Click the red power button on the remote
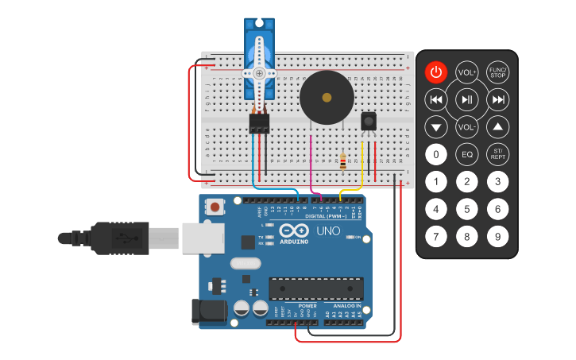click(x=435, y=73)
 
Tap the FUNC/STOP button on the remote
click(x=497, y=73)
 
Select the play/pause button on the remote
click(x=466, y=99)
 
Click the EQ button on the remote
click(x=466, y=154)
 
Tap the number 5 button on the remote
click(x=466, y=209)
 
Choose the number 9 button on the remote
click(x=497, y=236)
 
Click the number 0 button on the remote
click(x=435, y=154)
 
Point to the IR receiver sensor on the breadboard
click(x=369, y=121)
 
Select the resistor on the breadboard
click(x=342, y=162)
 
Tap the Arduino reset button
click(x=215, y=207)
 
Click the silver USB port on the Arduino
click(x=203, y=237)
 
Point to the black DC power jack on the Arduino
click(x=208, y=311)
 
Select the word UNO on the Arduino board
click(x=329, y=231)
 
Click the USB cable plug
click(x=119, y=238)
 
